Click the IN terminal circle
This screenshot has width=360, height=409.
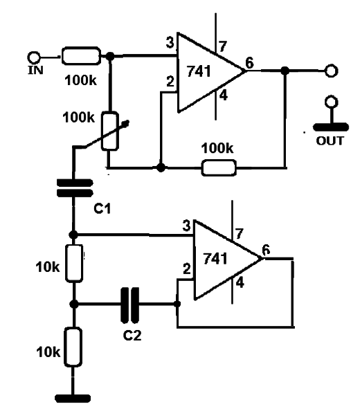pyautogui.click(x=34, y=57)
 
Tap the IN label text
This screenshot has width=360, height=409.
pyautogui.click(x=35, y=70)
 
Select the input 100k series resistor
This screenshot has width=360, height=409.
pyautogui.click(x=81, y=56)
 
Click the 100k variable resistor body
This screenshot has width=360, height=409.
pyautogui.click(x=110, y=131)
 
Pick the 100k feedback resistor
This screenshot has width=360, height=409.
pyautogui.click(x=219, y=167)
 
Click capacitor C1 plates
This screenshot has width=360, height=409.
pyautogui.click(x=75, y=188)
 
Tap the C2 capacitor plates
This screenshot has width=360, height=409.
pyautogui.click(x=129, y=305)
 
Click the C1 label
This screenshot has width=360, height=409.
pyautogui.click(x=102, y=208)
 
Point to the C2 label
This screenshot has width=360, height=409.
pyautogui.click(x=132, y=336)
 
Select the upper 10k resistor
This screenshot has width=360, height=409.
pyautogui.click(x=74, y=263)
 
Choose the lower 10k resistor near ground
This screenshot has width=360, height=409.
pyautogui.click(x=73, y=347)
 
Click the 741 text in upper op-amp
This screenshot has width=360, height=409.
pyautogui.click(x=199, y=71)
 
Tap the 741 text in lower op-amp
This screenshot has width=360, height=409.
pyautogui.click(x=215, y=259)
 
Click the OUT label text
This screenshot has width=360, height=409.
pyautogui.click(x=330, y=141)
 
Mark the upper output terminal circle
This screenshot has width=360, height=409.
pyautogui.click(x=332, y=71)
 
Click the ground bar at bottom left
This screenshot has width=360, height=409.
pyautogui.click(x=73, y=399)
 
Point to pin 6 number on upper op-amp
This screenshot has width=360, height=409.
pyautogui.click(x=249, y=63)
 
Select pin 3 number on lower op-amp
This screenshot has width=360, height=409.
pyautogui.click(x=186, y=226)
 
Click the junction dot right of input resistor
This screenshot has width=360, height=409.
pyautogui.click(x=110, y=56)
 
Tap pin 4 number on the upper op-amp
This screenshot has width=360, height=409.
pyautogui.click(x=224, y=96)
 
